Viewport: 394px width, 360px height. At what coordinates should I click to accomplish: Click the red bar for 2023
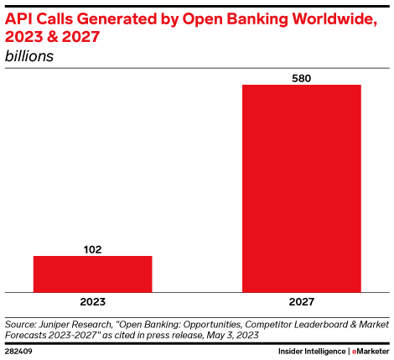92,274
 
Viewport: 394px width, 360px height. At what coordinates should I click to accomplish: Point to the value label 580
302,76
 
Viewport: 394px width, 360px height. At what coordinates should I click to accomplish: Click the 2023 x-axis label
92,301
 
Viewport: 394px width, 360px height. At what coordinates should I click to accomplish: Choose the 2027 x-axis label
302,301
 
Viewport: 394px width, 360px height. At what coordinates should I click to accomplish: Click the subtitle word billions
29,56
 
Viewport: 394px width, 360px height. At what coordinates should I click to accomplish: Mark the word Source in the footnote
20,323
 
